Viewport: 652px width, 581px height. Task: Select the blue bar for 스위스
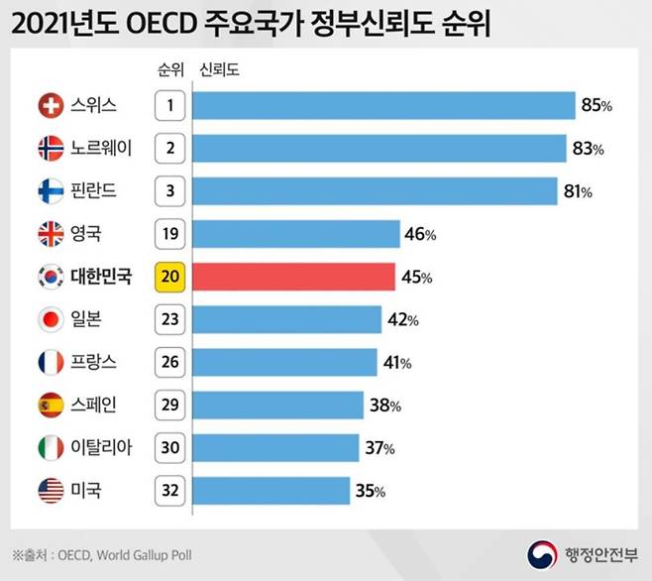coord(383,105)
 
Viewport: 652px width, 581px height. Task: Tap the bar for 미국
coord(271,490)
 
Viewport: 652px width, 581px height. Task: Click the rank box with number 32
coord(169,490)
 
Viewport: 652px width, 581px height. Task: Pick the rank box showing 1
coord(169,105)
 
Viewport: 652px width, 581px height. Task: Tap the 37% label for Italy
coord(380,448)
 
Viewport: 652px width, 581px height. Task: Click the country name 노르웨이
coord(99,149)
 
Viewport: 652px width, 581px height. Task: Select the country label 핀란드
coord(92,191)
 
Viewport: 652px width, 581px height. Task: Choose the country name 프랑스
coord(92,362)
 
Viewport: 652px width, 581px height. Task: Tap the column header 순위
coord(169,70)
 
